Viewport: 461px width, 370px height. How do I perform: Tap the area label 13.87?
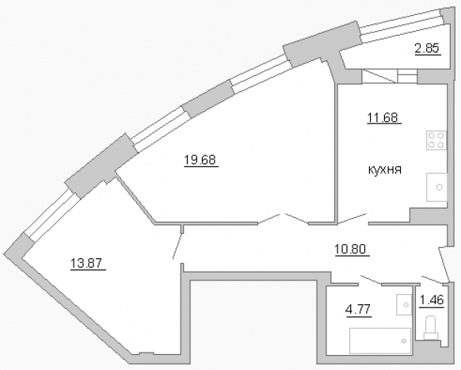pyautogui.click(x=87, y=263)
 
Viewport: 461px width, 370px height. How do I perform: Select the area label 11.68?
pyautogui.click(x=383, y=117)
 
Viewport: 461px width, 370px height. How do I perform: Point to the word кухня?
pyautogui.click(x=384, y=170)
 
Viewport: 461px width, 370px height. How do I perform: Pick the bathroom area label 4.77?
pyautogui.click(x=358, y=310)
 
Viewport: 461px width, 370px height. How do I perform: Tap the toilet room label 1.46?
pyautogui.click(x=431, y=300)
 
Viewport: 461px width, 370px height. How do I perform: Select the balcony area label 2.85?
pyautogui.click(x=427, y=48)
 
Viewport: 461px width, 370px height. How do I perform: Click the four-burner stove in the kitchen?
pyautogui.click(x=436, y=140)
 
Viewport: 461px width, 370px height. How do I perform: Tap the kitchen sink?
pyautogui.click(x=436, y=187)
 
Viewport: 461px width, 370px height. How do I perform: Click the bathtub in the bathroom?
pyautogui.click(x=380, y=341)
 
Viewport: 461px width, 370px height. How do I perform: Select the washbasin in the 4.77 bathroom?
pyautogui.click(x=404, y=304)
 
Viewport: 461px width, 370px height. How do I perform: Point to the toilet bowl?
pyautogui.click(x=432, y=327)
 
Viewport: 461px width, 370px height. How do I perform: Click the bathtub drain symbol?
pyautogui.click(x=404, y=341)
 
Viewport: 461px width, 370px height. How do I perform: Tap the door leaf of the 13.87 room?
pyautogui.click(x=177, y=246)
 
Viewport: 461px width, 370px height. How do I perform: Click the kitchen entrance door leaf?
pyautogui.click(x=352, y=219)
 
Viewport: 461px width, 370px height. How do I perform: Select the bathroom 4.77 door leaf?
pyautogui.click(x=371, y=280)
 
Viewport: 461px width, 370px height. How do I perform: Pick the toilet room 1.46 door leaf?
pyautogui.click(x=432, y=280)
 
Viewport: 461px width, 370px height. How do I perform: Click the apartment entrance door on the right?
pyautogui.click(x=444, y=264)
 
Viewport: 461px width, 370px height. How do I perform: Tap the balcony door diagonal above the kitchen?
pyautogui.click(x=379, y=76)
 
